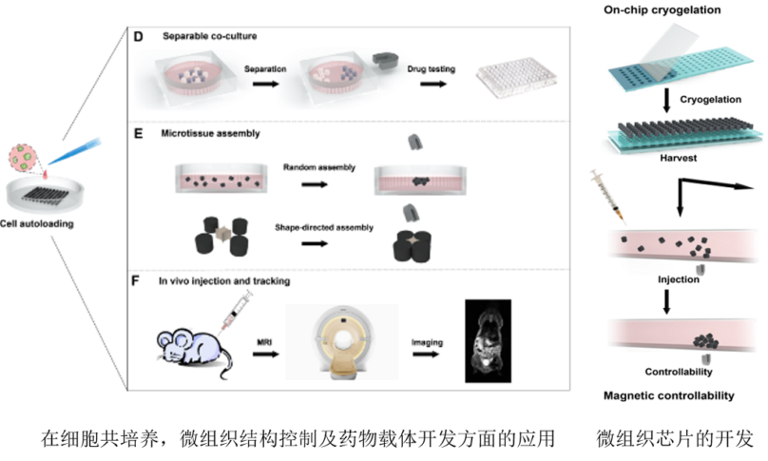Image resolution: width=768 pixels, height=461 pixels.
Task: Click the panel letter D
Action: (x=138, y=37)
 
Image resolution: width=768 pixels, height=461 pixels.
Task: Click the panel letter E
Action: (x=138, y=134)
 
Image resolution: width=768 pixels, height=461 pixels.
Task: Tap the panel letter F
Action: (x=138, y=280)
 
